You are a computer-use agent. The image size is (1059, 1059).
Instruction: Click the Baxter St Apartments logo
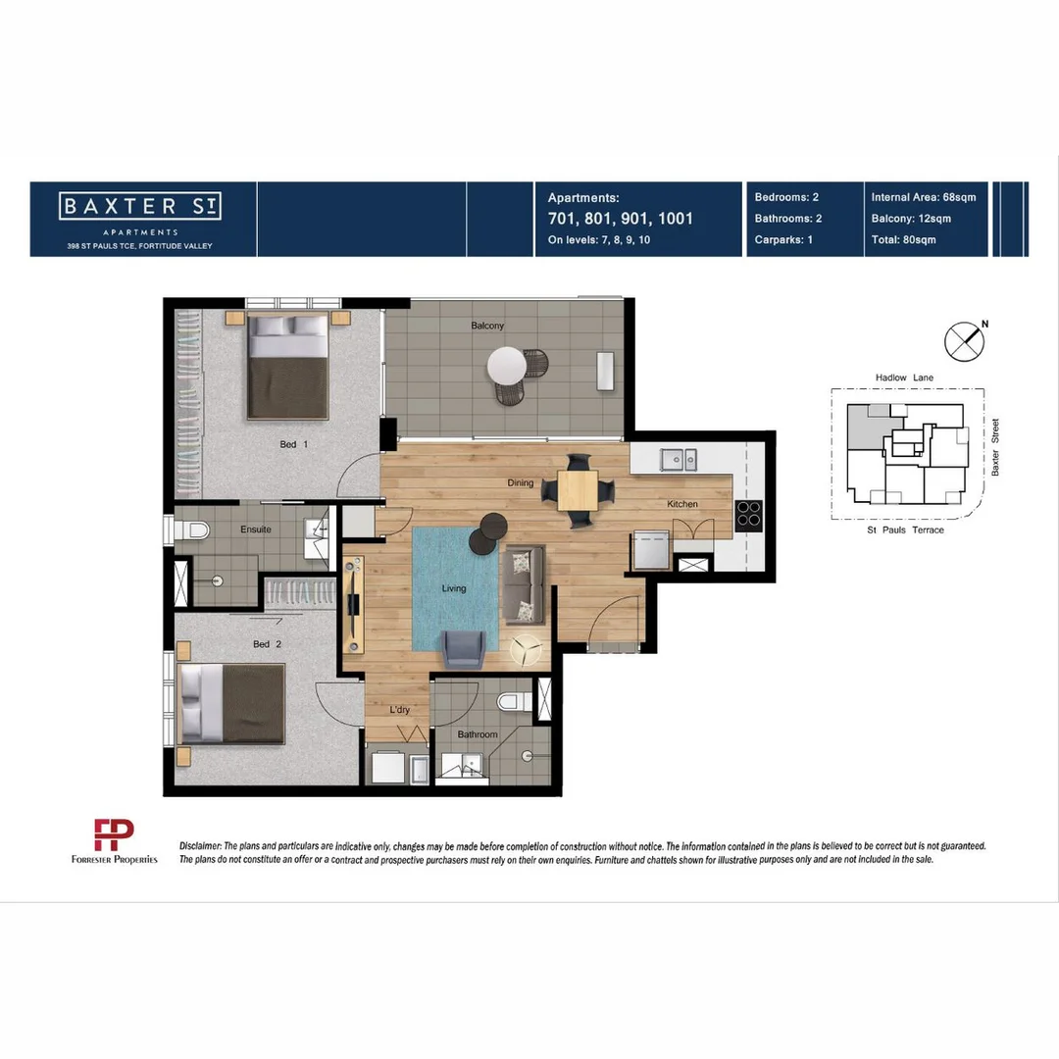pyautogui.click(x=140, y=207)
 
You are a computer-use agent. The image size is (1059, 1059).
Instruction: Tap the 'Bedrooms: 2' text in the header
pyautogui.click(x=786, y=197)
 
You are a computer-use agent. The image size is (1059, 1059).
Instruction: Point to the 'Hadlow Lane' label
pyautogui.click(x=906, y=378)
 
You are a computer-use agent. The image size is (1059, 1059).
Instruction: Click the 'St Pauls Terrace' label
pyautogui.click(x=905, y=530)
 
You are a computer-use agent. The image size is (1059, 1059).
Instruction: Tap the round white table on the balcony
pyautogui.click(x=507, y=367)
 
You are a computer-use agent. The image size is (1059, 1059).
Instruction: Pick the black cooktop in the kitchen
pyautogui.click(x=749, y=515)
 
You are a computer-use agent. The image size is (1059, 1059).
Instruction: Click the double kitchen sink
pyautogui.click(x=678, y=458)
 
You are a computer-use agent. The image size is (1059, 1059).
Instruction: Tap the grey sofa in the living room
pyautogui.click(x=523, y=585)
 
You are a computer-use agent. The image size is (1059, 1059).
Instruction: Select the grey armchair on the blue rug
pyautogui.click(x=462, y=648)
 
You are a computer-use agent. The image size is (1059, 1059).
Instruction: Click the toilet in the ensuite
pyautogui.click(x=195, y=530)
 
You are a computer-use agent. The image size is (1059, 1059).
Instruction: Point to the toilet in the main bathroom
pyautogui.click(x=512, y=701)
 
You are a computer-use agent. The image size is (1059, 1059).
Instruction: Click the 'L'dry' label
pyautogui.click(x=399, y=710)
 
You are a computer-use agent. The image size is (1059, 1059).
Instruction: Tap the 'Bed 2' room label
pyautogui.click(x=267, y=644)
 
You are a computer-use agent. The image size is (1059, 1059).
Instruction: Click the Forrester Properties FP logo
pyautogui.click(x=113, y=835)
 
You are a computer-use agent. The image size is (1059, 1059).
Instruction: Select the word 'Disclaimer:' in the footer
pyautogui.click(x=200, y=845)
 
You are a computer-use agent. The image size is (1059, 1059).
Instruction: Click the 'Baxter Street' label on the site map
pyautogui.click(x=994, y=448)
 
